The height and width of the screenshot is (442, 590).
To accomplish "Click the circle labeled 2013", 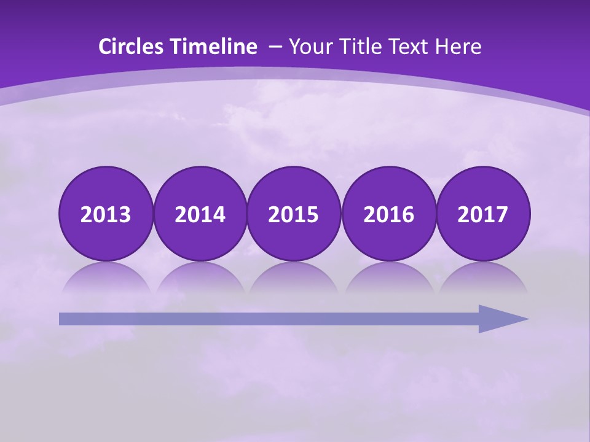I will click(x=106, y=214).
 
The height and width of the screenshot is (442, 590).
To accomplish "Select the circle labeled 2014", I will click(x=200, y=214).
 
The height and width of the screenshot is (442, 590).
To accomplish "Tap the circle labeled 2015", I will click(x=294, y=214).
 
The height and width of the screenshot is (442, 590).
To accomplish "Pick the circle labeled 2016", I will click(x=389, y=214).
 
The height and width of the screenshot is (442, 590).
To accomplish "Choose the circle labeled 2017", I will click(x=483, y=214).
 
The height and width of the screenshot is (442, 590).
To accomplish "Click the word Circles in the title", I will click(x=131, y=47).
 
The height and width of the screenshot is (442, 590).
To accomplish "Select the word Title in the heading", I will click(x=357, y=47).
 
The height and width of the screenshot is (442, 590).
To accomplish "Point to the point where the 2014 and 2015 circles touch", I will click(x=247, y=214).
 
